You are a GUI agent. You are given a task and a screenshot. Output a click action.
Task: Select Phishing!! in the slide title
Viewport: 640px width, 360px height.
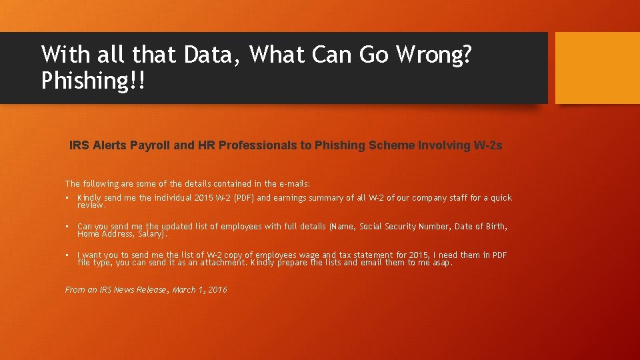[x=92, y=81]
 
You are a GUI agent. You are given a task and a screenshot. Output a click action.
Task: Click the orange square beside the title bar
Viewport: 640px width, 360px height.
[x=597, y=68]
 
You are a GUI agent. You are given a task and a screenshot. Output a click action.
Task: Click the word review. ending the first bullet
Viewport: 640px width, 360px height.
[x=91, y=205]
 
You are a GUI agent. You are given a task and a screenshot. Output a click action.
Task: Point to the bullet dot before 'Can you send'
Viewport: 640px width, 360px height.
[x=68, y=227]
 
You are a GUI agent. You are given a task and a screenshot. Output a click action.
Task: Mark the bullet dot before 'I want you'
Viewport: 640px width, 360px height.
[x=68, y=255]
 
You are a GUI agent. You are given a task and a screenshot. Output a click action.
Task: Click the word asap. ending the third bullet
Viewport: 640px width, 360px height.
[x=443, y=263]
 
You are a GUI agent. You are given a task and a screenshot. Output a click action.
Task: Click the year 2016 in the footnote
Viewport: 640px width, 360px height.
[x=217, y=289]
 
